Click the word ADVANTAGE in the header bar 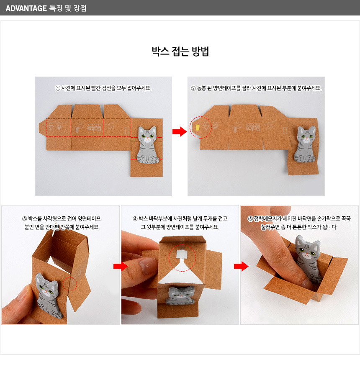26,8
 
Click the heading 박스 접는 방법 180,51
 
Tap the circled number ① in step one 58,88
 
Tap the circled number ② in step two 193,88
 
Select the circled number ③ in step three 24,219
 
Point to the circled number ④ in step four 135,219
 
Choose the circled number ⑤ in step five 250,219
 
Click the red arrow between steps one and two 180,131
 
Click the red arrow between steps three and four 121,267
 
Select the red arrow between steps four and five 241,267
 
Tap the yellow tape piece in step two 197,127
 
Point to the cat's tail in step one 155,160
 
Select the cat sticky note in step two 305,144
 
